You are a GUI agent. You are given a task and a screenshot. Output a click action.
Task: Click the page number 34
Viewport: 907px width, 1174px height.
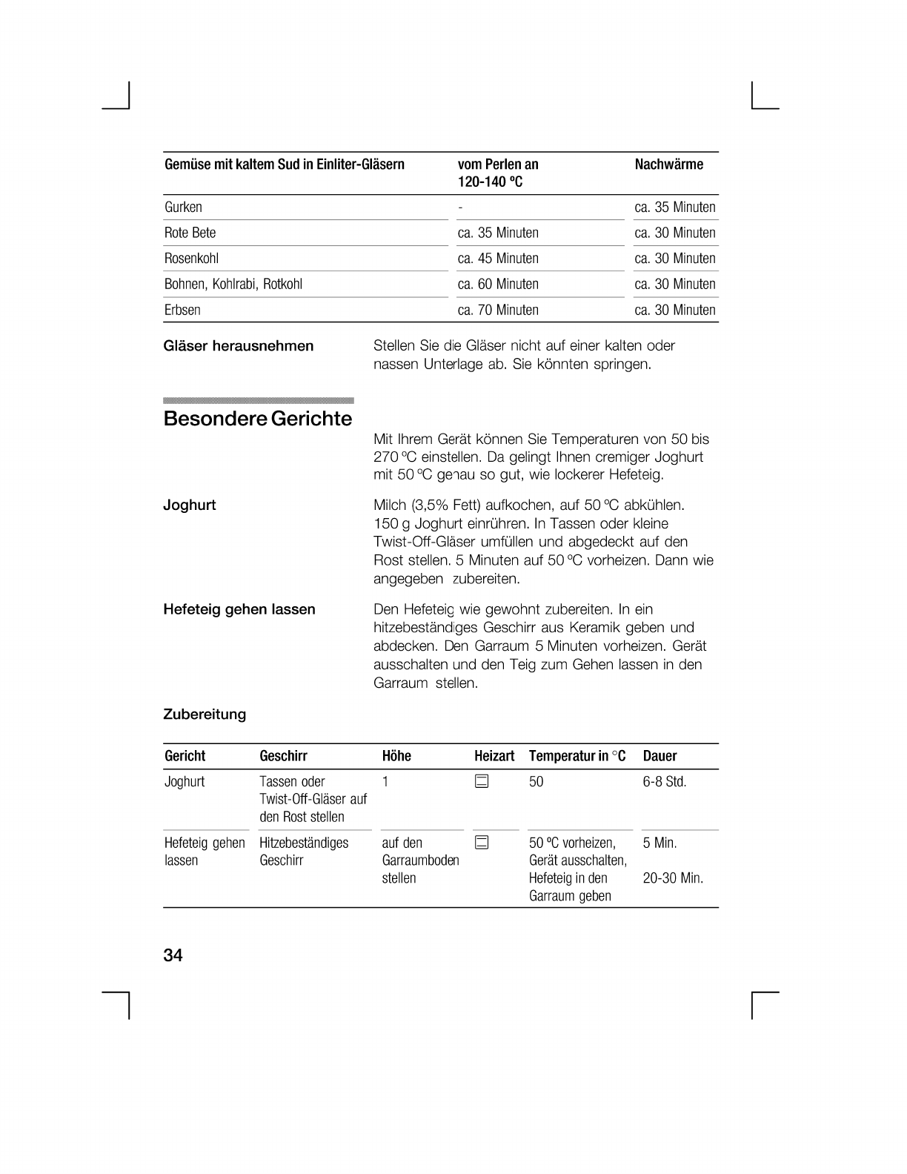click(x=173, y=955)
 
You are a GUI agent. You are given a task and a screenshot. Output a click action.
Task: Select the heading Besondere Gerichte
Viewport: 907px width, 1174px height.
click(x=258, y=419)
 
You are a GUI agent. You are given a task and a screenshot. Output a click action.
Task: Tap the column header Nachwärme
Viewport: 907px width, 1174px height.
click(x=668, y=165)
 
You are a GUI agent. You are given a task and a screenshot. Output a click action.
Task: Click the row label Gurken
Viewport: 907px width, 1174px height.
click(x=183, y=208)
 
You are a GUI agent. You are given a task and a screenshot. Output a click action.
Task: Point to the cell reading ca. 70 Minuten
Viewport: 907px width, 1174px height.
click(x=498, y=310)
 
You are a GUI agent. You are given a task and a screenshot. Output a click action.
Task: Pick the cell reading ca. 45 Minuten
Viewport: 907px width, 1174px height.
click(x=498, y=259)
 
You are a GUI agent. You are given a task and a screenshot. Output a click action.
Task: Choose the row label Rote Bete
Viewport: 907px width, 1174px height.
click(x=190, y=233)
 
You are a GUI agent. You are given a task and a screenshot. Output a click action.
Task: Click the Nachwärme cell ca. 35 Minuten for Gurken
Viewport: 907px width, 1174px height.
click(x=675, y=208)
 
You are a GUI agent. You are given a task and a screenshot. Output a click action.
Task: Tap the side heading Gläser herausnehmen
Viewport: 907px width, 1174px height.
click(x=238, y=346)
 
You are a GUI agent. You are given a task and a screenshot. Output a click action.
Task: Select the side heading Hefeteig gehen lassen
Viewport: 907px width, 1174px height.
click(x=239, y=609)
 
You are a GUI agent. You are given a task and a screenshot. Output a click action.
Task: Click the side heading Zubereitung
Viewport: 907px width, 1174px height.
click(x=204, y=714)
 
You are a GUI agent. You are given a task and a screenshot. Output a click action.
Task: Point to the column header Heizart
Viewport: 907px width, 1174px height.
click(x=494, y=756)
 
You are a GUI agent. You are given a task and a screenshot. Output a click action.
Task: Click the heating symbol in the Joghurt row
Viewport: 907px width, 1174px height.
click(x=482, y=781)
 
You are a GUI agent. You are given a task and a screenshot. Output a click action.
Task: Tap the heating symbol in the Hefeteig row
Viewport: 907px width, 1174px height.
click(x=482, y=843)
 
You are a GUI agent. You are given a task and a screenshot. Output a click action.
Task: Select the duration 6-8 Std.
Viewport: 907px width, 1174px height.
click(x=665, y=782)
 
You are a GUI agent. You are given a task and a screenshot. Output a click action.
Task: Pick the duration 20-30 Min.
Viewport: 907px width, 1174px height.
click(x=673, y=878)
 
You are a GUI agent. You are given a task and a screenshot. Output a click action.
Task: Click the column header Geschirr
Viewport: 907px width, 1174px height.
click(x=283, y=756)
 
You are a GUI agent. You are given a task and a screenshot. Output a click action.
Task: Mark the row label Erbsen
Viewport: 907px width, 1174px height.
click(x=182, y=310)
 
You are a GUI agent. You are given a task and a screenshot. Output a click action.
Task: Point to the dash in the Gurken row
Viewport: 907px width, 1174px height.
click(x=460, y=208)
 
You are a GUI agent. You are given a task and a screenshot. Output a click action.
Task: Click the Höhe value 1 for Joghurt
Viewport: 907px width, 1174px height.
click(x=385, y=782)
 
